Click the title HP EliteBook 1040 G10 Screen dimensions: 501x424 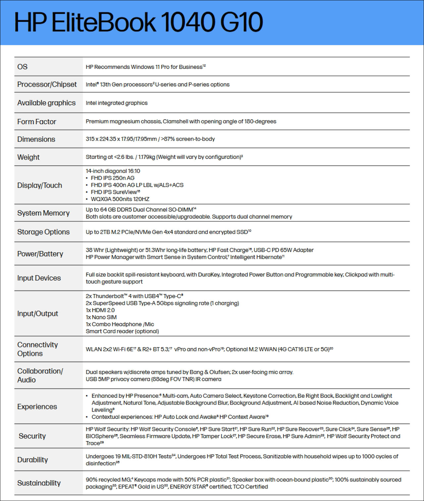point(138,23)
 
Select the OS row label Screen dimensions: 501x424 point(23,67)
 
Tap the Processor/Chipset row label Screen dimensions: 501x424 point(47,84)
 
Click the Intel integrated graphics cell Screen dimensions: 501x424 point(117,103)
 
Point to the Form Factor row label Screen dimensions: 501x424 point(36,122)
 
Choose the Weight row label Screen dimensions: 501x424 point(28,157)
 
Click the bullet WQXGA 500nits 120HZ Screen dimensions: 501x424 point(120,199)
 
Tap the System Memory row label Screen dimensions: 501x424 point(43,213)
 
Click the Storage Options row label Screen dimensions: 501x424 point(43,232)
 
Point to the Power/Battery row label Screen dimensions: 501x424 point(40,254)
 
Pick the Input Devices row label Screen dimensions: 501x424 point(39,278)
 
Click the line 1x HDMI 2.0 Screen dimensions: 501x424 point(100,310)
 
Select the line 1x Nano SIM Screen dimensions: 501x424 point(101,317)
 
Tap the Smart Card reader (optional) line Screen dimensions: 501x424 point(122,331)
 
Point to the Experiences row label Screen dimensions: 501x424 point(37,407)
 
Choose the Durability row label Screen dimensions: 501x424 point(32,460)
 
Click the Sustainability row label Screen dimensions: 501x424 point(39,483)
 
